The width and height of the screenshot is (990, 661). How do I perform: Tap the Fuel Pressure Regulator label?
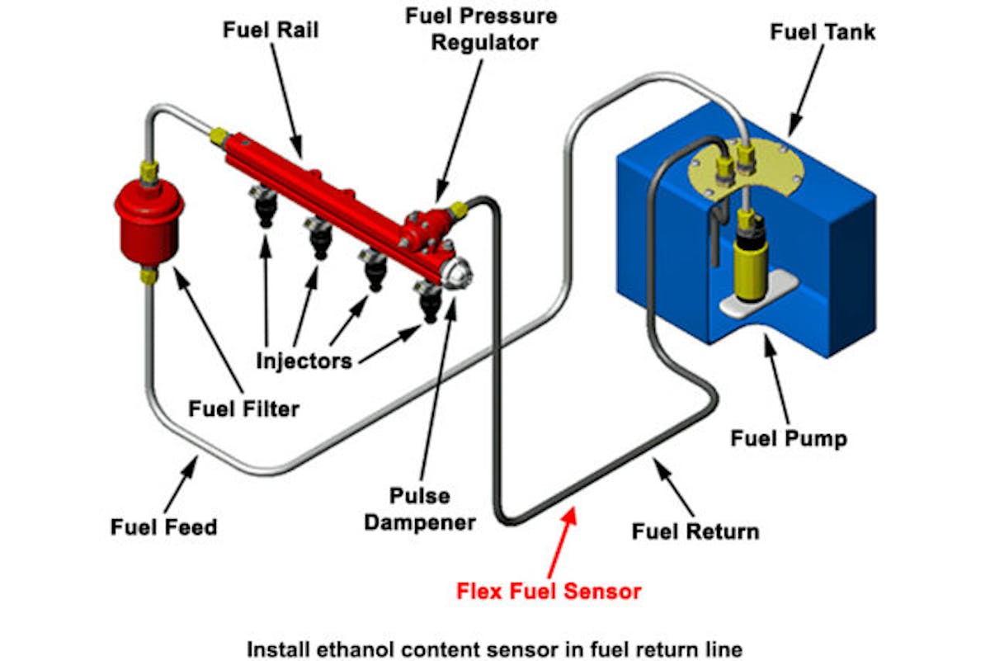(481, 28)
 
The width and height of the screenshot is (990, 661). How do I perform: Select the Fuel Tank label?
(823, 32)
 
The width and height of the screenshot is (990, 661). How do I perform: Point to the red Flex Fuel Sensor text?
(549, 591)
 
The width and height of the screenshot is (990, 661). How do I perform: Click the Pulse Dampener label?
(421, 509)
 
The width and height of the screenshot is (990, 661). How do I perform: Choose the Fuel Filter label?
(243, 408)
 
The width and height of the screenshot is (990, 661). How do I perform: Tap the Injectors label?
(304, 361)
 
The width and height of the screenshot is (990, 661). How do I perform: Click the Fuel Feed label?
(163, 526)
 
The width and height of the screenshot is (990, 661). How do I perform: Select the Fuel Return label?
(695, 531)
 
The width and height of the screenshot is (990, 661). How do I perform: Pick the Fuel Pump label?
(789, 437)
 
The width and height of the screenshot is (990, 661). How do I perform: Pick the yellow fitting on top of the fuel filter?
(149, 173)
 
